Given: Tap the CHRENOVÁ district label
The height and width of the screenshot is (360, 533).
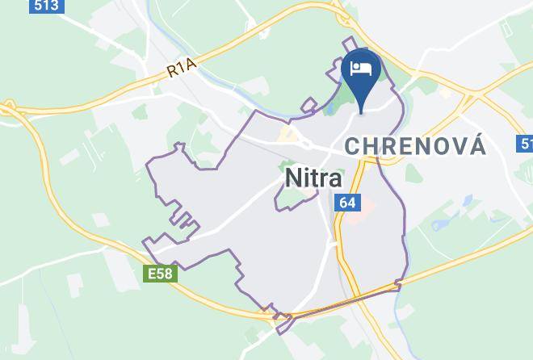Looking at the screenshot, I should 415,146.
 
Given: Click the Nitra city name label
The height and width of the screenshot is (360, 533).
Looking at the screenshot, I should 313,178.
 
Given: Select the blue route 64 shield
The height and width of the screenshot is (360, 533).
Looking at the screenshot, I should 347,203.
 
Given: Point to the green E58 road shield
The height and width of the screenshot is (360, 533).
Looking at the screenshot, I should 159,274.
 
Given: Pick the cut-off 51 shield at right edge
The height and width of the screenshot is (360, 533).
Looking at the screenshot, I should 526,144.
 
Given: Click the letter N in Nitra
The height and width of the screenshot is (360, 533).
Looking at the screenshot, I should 291,178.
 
